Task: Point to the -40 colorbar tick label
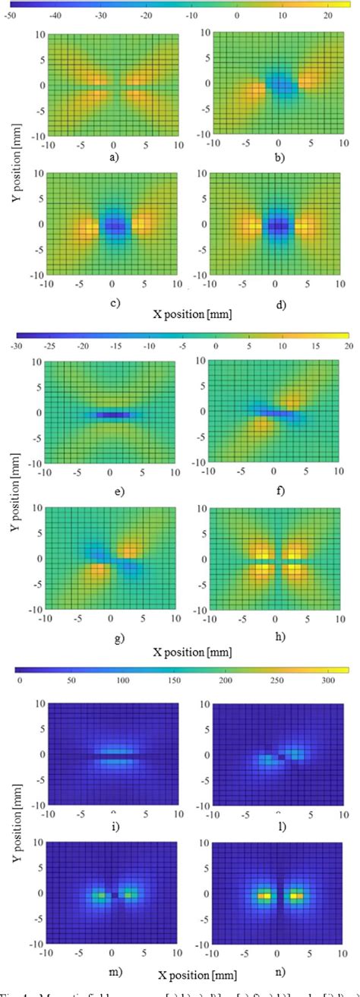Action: coord(55,15)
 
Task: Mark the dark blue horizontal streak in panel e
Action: coord(112,415)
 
